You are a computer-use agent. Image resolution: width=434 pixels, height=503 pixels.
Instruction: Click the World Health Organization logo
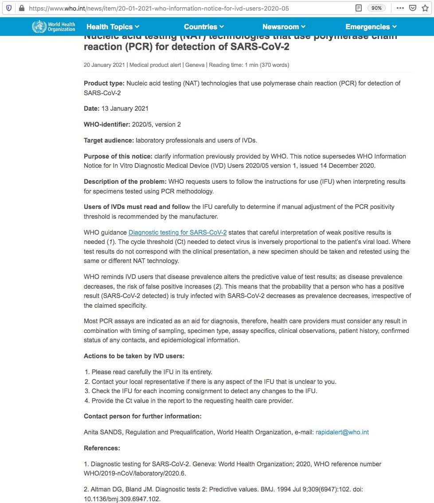tap(54, 27)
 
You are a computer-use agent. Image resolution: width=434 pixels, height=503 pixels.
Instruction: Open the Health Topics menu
tap(113, 27)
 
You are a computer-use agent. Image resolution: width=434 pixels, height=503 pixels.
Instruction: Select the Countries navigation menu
tap(203, 27)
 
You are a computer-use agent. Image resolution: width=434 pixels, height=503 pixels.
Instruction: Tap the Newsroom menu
tap(284, 27)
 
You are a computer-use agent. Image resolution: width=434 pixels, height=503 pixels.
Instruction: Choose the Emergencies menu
tap(371, 27)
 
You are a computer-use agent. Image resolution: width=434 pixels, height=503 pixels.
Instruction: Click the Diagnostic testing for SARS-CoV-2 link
tap(177, 232)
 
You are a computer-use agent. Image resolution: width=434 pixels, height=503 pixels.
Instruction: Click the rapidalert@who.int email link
tap(342, 432)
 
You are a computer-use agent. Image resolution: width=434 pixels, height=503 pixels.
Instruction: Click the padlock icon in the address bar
tap(21, 8)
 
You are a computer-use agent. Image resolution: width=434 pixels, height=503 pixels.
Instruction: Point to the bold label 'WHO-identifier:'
tap(107, 124)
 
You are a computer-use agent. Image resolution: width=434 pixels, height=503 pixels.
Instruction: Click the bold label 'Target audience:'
tap(109, 140)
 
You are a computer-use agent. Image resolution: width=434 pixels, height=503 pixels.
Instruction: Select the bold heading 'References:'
tap(102, 448)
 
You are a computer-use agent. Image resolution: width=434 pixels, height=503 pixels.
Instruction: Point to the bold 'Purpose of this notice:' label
tap(118, 156)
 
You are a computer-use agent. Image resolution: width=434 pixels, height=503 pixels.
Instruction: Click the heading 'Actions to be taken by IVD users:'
tap(134, 356)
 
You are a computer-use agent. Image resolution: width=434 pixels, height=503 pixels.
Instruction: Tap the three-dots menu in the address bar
tap(400, 8)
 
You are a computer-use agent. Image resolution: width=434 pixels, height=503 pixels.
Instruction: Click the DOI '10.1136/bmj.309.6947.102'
tap(122, 499)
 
